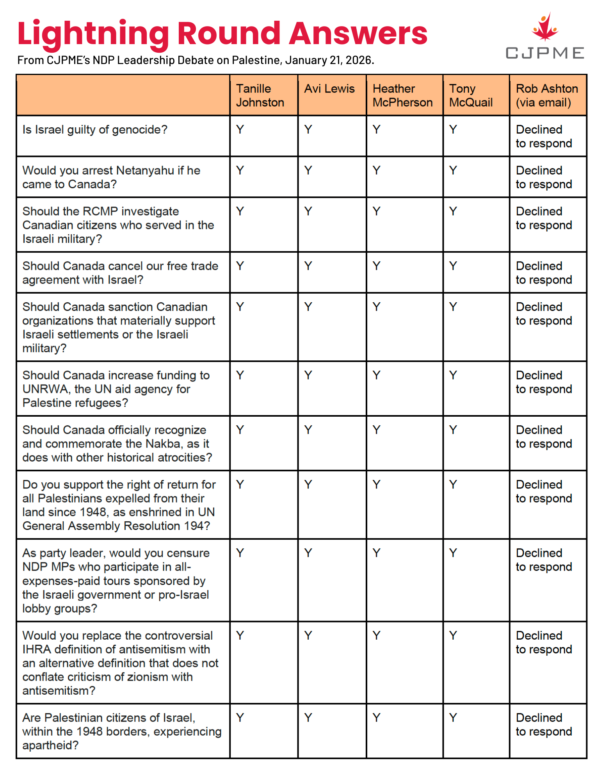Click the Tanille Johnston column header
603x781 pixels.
pyautogui.click(x=260, y=95)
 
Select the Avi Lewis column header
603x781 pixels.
pyautogui.click(x=329, y=89)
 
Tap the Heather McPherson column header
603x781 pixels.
pyautogui.click(x=402, y=95)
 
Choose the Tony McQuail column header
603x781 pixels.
pyautogui.click(x=471, y=95)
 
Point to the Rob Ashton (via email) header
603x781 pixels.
pyautogui.click(x=547, y=95)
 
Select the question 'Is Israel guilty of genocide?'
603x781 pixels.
pyautogui.click(x=95, y=130)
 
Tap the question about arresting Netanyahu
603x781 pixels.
pyautogui.click(x=111, y=177)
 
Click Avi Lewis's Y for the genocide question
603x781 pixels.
pyautogui.click(x=308, y=129)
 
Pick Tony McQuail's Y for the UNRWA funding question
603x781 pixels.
pyautogui.click(x=453, y=375)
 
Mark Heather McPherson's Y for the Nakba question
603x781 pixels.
pyautogui.click(x=376, y=430)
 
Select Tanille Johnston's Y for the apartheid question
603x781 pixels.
pyautogui.click(x=240, y=718)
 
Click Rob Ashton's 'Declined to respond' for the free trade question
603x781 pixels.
pyautogui.click(x=544, y=273)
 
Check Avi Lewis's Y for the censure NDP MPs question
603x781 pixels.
pyautogui.click(x=308, y=553)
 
